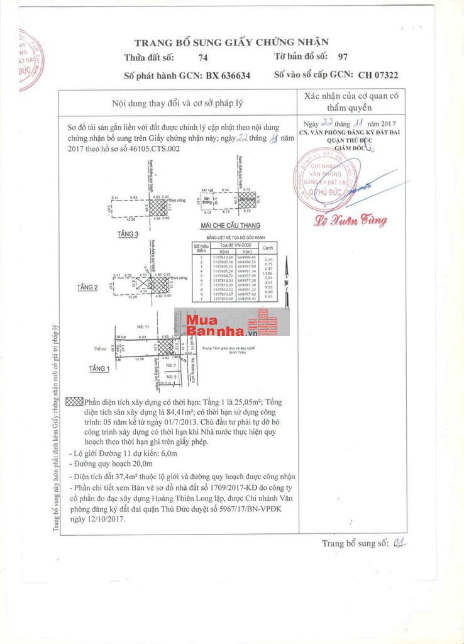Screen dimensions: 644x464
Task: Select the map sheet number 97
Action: (343, 57)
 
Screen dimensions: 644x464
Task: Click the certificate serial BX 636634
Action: (227, 75)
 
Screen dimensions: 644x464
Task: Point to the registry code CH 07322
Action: (378, 75)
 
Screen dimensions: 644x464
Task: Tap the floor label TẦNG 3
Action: (128, 233)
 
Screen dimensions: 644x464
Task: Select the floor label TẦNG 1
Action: (99, 369)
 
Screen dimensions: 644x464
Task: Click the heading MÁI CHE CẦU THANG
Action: (230, 225)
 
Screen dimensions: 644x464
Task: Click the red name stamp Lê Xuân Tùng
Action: (351, 220)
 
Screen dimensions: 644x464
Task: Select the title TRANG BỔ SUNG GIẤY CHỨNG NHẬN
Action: (231, 42)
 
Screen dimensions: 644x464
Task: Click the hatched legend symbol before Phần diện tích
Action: (74, 402)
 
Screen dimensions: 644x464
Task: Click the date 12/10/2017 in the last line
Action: (106, 519)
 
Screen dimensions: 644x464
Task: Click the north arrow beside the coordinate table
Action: (285, 277)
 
